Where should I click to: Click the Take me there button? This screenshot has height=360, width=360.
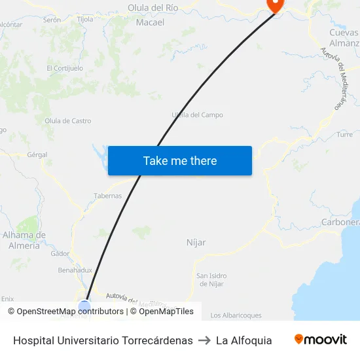click(180, 161)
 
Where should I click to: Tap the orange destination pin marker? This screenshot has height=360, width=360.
click(274, 5)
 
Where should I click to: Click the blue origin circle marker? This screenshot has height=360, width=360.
click(84, 306)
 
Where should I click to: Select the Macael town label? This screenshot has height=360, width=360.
click(150, 22)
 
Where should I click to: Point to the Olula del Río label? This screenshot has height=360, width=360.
click(153, 8)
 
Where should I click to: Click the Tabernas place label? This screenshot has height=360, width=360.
click(108, 196)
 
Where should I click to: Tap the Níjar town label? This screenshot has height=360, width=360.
click(196, 242)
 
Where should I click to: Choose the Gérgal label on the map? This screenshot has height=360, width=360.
click(37, 155)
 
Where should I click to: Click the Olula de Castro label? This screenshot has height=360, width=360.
click(67, 121)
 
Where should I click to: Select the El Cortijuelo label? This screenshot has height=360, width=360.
click(65, 67)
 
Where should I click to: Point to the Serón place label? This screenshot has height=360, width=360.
click(52, 20)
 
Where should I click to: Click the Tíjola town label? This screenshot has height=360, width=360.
click(85, 20)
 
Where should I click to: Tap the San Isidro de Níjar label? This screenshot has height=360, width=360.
click(211, 279)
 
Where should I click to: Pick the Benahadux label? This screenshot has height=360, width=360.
click(75, 270)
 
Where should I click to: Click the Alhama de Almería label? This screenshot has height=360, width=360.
click(24, 240)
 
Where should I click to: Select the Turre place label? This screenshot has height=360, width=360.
click(345, 134)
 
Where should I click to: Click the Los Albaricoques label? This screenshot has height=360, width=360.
click(236, 315)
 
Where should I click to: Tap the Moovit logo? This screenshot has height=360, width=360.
click(320, 340)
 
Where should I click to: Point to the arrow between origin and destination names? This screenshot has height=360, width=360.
click(204, 340)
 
